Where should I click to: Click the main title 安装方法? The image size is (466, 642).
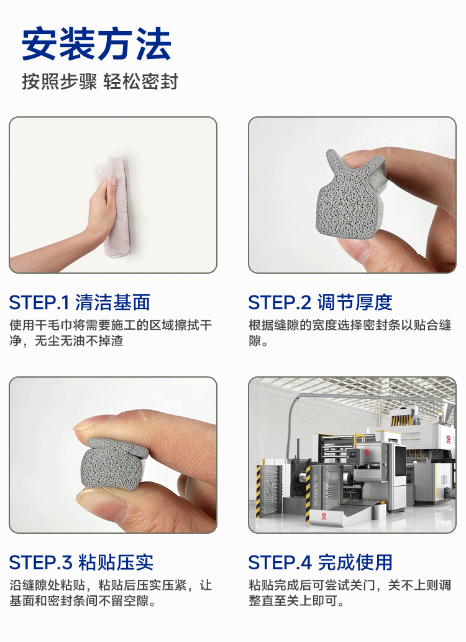[96, 44]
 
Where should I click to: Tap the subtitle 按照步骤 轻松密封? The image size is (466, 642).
[100, 81]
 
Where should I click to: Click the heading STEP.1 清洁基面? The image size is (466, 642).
[80, 302]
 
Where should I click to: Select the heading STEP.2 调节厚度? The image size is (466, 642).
[320, 302]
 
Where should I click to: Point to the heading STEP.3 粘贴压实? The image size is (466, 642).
[81, 562]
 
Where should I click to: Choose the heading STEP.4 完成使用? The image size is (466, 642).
[320, 562]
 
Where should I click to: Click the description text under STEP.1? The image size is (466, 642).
[111, 333]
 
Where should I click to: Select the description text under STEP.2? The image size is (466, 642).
[350, 333]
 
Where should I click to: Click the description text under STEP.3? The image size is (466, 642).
[111, 593]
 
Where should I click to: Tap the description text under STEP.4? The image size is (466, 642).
[350, 593]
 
